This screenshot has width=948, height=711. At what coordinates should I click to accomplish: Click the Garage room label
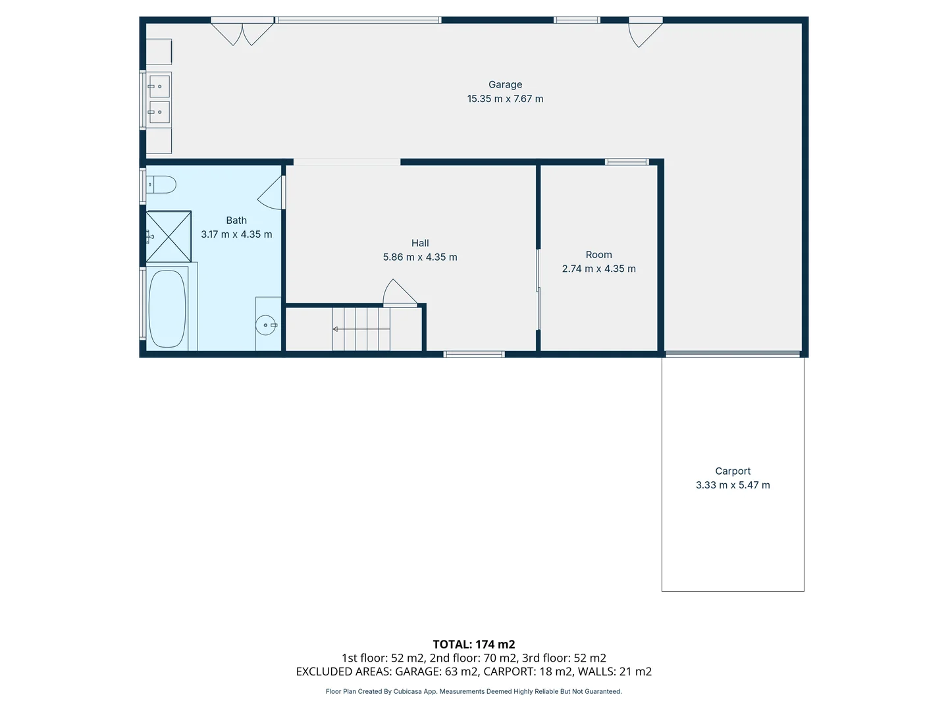coord(505,84)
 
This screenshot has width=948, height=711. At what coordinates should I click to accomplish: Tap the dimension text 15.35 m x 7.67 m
coord(505,99)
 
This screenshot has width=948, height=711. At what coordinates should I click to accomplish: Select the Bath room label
coord(236,221)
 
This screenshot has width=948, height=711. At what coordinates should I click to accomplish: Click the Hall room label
coord(420,243)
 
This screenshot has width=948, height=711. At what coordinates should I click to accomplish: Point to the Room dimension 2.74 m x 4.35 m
coord(598,269)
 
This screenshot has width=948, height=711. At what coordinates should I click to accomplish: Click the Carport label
coord(733,471)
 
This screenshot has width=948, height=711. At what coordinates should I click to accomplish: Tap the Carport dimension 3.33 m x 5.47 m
coord(733,485)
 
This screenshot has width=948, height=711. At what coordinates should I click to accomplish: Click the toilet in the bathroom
coord(161,184)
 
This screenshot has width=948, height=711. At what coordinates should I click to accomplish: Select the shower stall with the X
coord(169,236)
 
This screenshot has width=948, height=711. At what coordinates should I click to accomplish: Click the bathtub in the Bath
coord(167,308)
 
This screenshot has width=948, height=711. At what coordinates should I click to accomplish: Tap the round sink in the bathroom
coord(267,325)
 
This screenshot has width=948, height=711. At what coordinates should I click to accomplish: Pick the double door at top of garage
coord(242,32)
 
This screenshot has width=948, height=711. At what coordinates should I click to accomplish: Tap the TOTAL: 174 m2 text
coord(473,645)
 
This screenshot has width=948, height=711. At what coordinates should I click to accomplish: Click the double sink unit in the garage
coord(159,99)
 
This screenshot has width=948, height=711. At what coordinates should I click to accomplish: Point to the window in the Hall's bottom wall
coord(474,354)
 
